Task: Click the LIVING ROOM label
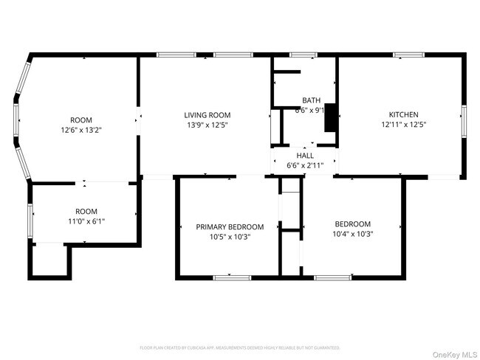click(x=207, y=115)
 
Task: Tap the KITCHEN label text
click(x=404, y=115)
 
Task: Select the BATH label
click(x=310, y=100)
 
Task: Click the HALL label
click(x=305, y=156)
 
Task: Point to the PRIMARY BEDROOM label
click(x=229, y=226)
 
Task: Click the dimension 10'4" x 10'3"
click(x=352, y=235)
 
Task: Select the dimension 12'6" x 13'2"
click(x=80, y=131)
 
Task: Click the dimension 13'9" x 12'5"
click(x=207, y=125)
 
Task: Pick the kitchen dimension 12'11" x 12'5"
click(x=404, y=125)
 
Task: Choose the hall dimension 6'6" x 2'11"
click(x=305, y=166)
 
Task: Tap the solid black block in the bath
click(x=331, y=113)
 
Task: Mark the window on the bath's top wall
click(x=302, y=55)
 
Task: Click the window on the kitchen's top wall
click(x=408, y=55)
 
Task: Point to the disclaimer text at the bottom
click(x=239, y=347)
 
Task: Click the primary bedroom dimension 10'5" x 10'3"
click(x=229, y=237)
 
